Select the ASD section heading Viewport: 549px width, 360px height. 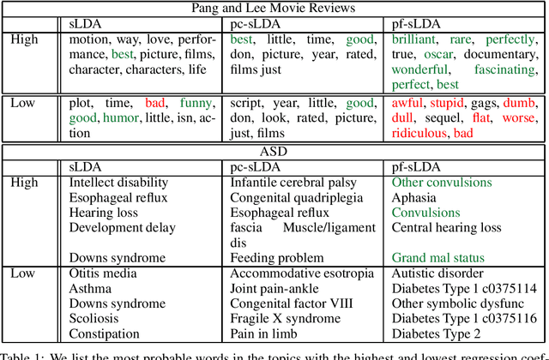coord(274,152)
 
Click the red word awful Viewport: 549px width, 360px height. coord(409,103)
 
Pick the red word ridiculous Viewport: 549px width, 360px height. coord(419,133)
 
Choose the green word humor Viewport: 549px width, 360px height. coord(120,118)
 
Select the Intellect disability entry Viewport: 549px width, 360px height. coord(123,183)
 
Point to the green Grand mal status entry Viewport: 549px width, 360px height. coord(437,257)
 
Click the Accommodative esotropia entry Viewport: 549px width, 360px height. coord(302,273)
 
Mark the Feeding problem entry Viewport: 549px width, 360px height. coord(277,257)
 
